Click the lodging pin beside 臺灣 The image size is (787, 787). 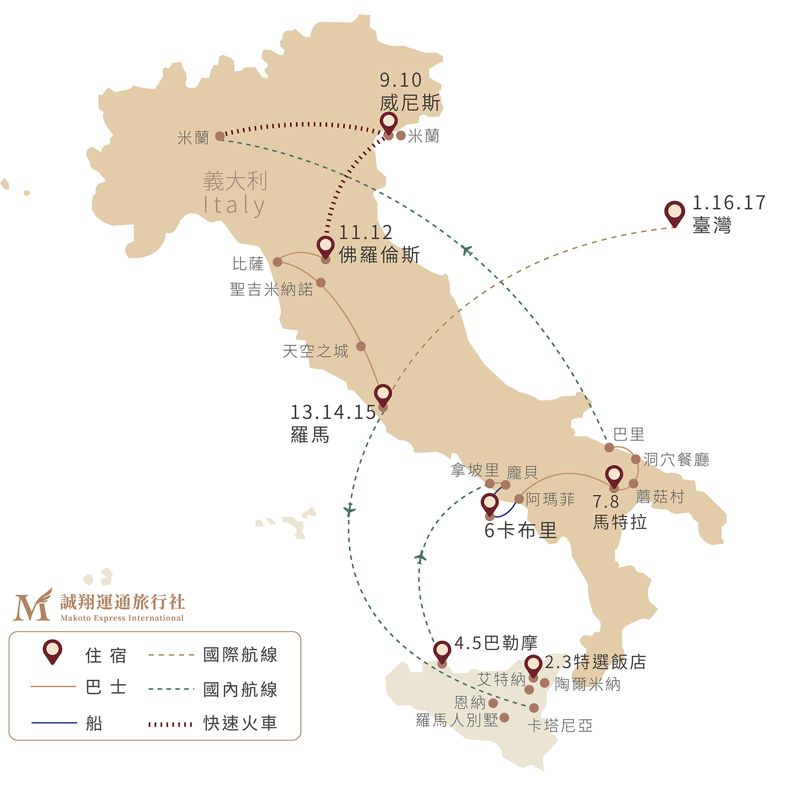pyautogui.click(x=674, y=212)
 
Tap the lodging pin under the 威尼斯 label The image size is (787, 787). pyautogui.click(x=389, y=122)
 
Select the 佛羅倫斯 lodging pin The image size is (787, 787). pyautogui.click(x=325, y=246)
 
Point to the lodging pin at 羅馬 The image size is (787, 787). pyautogui.click(x=383, y=394)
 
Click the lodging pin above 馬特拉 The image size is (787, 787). pyautogui.click(x=614, y=476)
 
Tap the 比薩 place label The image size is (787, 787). pyautogui.click(x=248, y=264)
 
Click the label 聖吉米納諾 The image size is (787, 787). pyautogui.click(x=272, y=289)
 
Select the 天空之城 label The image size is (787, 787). pyautogui.click(x=315, y=351)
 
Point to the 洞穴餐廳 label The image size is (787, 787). pyautogui.click(x=676, y=459)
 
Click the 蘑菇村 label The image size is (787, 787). pyautogui.click(x=660, y=497)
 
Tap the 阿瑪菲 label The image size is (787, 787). pyautogui.click(x=550, y=499)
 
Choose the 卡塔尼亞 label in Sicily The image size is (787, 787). pyautogui.click(x=560, y=726)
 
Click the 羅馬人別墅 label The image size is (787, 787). pyautogui.click(x=457, y=720)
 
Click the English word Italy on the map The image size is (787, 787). pyautogui.click(x=235, y=206)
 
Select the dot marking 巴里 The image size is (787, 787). pyautogui.click(x=609, y=447)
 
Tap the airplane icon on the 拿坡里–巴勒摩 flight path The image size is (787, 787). pyautogui.click(x=420, y=557)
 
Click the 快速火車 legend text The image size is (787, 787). pyautogui.click(x=241, y=723)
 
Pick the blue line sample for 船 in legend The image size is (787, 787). pyautogui.click(x=54, y=723)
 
